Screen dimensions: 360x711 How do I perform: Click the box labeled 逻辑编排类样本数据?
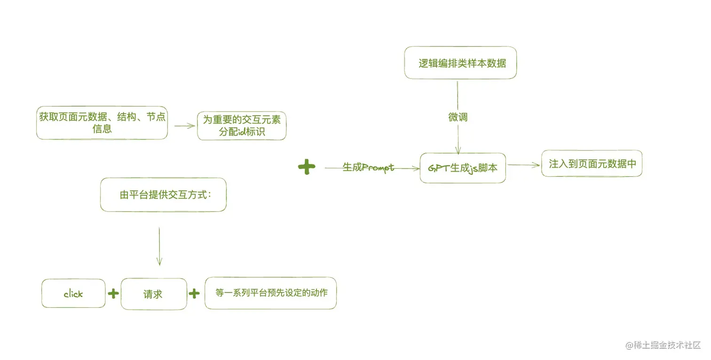(x=460, y=63)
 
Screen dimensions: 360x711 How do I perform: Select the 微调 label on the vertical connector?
(x=458, y=117)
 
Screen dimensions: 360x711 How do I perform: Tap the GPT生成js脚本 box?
(x=463, y=168)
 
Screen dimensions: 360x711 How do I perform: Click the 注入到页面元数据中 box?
(x=592, y=164)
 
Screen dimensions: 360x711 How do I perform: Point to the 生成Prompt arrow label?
(x=368, y=167)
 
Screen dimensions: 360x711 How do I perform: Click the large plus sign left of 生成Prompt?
(x=307, y=167)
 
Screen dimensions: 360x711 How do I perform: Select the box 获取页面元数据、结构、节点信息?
(x=102, y=123)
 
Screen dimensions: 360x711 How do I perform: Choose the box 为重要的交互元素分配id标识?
(x=242, y=125)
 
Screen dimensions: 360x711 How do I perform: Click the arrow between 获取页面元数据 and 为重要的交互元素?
(x=184, y=125)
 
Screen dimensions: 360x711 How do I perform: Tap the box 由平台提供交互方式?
(x=163, y=195)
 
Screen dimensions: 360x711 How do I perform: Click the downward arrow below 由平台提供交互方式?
(x=159, y=247)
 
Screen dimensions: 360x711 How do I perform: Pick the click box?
(x=73, y=294)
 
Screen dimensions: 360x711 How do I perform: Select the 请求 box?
(x=153, y=294)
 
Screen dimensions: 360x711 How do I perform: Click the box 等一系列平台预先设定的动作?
(x=271, y=293)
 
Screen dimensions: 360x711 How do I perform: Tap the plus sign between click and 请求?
(x=113, y=294)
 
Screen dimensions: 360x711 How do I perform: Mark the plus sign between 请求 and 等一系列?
(x=194, y=294)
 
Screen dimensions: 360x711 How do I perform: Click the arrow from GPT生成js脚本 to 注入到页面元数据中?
(x=523, y=165)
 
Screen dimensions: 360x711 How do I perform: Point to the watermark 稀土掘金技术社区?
(x=663, y=345)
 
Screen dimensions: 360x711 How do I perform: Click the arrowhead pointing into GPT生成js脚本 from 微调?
(x=458, y=150)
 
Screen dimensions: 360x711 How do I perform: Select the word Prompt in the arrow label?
(x=378, y=168)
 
